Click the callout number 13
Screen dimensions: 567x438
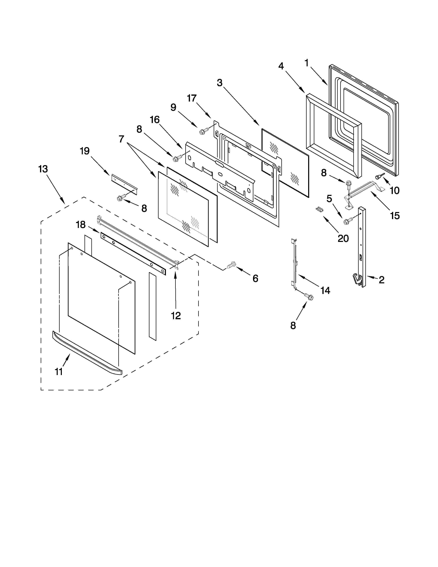tap(43, 169)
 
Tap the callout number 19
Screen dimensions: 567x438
tap(85, 151)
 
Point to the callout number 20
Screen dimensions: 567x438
tap(343, 238)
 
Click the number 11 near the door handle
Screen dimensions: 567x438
tap(59, 372)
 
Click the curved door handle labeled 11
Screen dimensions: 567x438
tap(87, 353)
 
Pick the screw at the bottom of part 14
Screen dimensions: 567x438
tap(309, 297)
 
